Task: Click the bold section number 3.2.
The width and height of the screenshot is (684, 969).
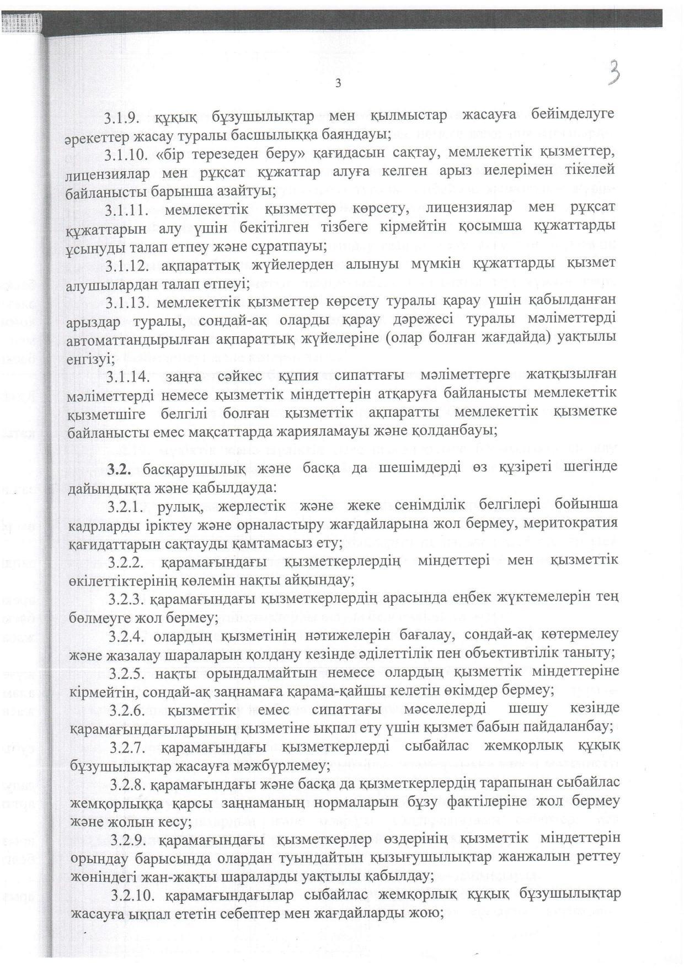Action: (x=119, y=469)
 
